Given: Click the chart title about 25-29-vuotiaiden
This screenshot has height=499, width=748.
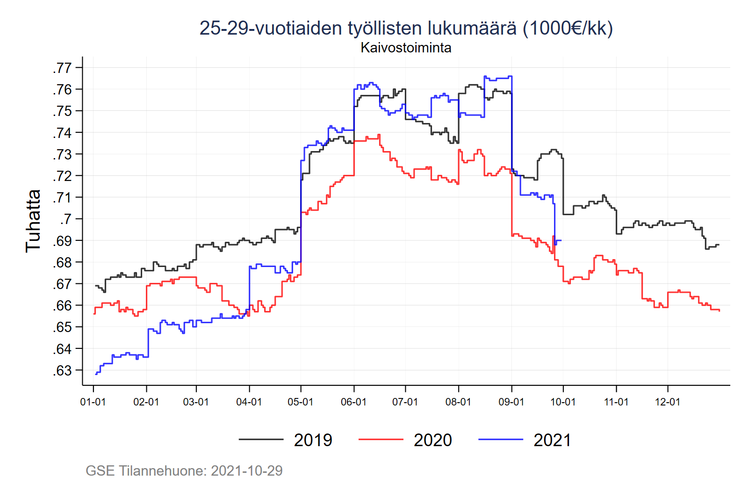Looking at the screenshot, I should coord(406,28).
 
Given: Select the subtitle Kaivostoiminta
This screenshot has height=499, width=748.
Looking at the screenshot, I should coord(406,48).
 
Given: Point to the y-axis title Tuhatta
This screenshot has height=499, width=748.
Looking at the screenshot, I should coord(33,221).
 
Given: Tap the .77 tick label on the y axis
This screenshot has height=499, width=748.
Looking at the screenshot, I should coord(62,68).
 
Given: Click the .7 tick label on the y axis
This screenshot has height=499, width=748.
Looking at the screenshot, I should coord(65,219).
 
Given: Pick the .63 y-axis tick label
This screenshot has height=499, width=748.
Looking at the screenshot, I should coord(62,370).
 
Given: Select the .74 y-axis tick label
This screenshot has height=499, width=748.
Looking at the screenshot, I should coord(62,133).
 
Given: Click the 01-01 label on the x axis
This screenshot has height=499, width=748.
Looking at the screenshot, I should coord(93,402).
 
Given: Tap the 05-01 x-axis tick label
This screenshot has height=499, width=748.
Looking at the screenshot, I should coord(300,402).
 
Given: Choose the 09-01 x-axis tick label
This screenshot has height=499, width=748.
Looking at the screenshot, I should coord(511,402).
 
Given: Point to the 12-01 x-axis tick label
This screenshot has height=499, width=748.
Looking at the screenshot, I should coord(668,402).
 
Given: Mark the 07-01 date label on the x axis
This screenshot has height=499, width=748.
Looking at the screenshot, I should coord(405,402).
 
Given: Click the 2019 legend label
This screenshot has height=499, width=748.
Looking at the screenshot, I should coord(313,440).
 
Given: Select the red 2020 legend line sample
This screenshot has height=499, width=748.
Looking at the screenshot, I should coord(381,440).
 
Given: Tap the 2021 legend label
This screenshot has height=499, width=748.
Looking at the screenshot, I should coord(552,440).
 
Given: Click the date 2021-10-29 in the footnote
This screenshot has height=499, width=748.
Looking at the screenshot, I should coord(246,470).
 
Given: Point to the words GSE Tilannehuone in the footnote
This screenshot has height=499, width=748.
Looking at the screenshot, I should coord(145,470).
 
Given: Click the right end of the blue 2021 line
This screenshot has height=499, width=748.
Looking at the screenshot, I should coord(561,240).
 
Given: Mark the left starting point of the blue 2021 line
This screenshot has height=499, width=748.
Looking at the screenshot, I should coord(95,374).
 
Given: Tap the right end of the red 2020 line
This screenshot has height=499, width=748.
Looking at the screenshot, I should coord(719,311).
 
